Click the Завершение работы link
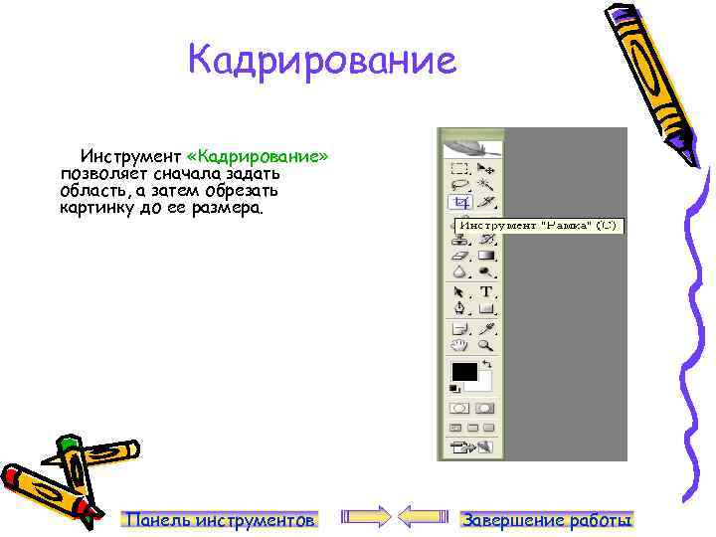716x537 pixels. [x=548, y=520]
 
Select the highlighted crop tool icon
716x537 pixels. [x=460, y=202]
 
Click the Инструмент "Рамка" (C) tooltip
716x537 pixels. [x=537, y=226]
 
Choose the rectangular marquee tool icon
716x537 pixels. [x=460, y=168]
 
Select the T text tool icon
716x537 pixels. [x=486, y=292]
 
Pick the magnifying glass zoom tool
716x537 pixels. [x=486, y=345]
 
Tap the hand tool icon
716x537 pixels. [x=460, y=345]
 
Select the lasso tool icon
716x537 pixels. [x=460, y=185]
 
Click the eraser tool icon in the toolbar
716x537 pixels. [x=460, y=255]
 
